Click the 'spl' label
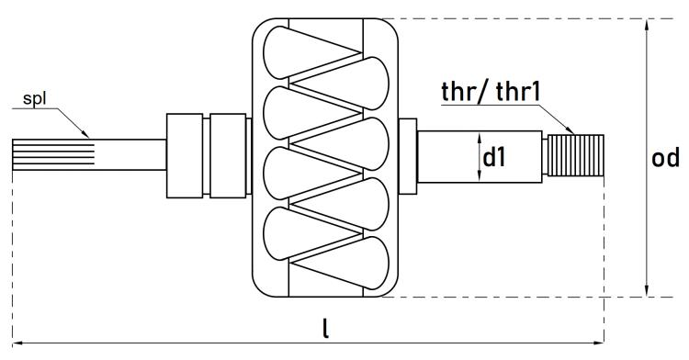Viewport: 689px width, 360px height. click(34, 99)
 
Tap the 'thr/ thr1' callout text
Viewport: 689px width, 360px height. click(491, 92)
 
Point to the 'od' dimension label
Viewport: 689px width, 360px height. click(665, 157)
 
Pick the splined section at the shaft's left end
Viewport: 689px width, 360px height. click(53, 154)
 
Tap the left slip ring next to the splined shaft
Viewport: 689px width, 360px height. click(185, 155)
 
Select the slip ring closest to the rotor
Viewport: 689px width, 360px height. click(228, 155)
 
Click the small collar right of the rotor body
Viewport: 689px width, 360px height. click(407, 156)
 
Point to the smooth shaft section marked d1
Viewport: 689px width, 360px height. click(480, 156)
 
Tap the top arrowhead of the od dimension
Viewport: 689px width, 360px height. click(646, 25)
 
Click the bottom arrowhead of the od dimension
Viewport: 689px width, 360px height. click(646, 290)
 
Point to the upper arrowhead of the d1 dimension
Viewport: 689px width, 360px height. click(479, 141)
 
